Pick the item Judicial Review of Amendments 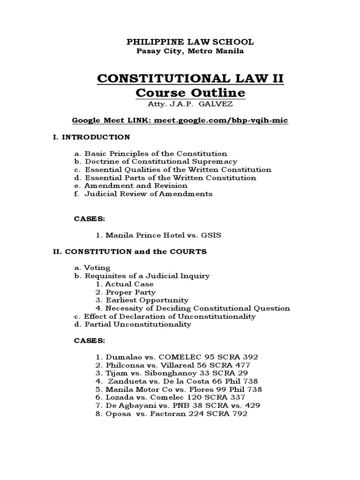click(148, 194)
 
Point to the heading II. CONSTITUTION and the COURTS click(129, 252)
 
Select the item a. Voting click(92, 268)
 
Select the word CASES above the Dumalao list click(90, 341)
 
